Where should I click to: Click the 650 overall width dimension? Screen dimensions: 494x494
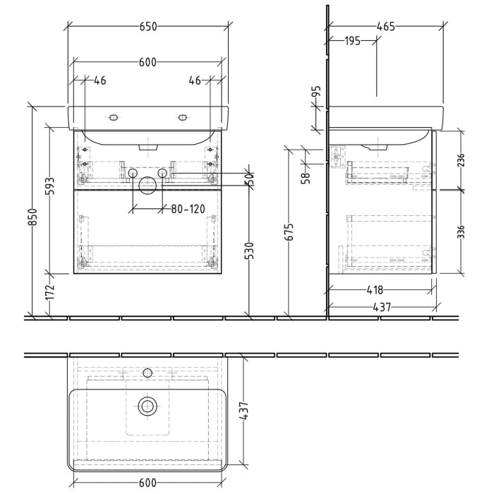[x=147, y=27]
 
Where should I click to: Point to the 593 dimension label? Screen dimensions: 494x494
[x=49, y=186]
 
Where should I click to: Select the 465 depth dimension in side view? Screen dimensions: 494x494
[x=386, y=27]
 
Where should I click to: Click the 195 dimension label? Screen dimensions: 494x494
[x=353, y=41]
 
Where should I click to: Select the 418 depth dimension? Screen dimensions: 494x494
[x=375, y=289]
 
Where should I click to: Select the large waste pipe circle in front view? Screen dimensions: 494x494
[x=147, y=186]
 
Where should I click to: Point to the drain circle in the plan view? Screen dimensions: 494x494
[x=147, y=405]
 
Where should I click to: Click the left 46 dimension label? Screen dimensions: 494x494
[x=100, y=81]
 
